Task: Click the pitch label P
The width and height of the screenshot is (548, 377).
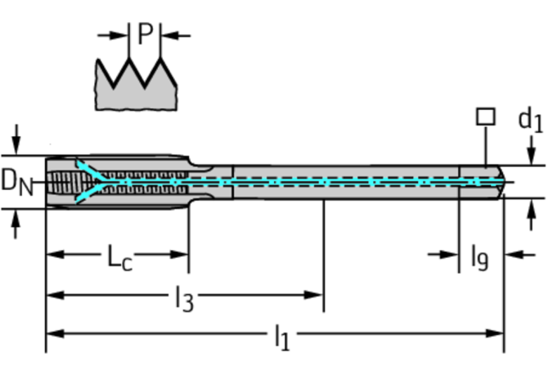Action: pos(145,34)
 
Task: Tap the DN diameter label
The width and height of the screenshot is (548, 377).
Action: pos(16,181)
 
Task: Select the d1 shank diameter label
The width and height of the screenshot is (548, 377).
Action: pos(530,120)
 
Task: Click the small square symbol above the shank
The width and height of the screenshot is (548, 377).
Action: pos(485,116)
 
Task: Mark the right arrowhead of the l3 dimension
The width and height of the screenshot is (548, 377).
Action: pos(317,295)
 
